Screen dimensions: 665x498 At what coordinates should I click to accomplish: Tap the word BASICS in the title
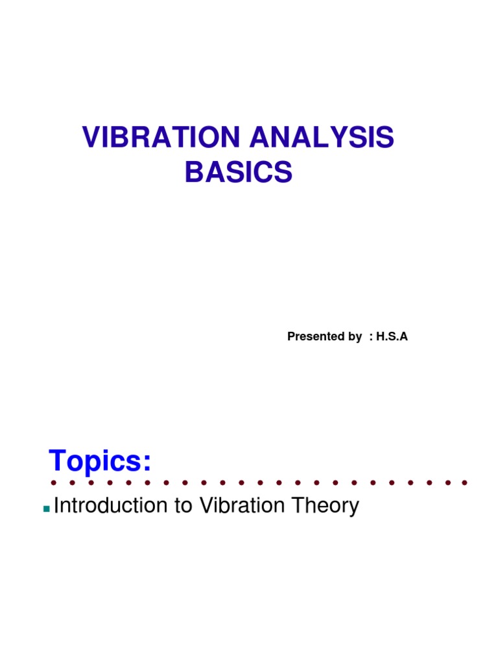click(x=239, y=173)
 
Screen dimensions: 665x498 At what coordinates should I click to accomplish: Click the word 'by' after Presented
click(x=355, y=336)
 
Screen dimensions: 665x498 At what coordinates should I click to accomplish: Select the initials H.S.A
click(x=392, y=336)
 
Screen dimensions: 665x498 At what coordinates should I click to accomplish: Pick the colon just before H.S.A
click(x=370, y=337)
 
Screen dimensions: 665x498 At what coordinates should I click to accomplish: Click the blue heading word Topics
click(x=97, y=462)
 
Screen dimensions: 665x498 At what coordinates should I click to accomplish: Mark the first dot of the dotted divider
click(x=53, y=483)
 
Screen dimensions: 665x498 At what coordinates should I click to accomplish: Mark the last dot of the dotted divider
click(x=465, y=483)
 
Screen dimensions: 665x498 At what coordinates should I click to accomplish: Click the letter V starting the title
click(x=89, y=140)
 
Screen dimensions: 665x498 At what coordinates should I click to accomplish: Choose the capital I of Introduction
click(x=57, y=506)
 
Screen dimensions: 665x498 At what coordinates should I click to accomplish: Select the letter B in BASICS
click(x=193, y=173)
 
